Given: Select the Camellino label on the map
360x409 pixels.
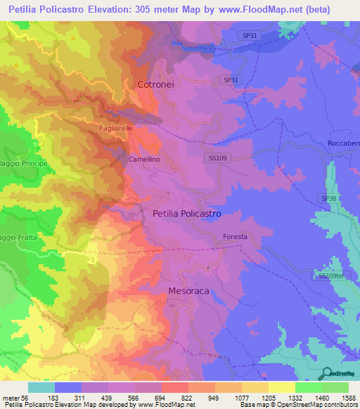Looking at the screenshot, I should (145, 160).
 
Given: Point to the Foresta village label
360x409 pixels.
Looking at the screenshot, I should (235, 237).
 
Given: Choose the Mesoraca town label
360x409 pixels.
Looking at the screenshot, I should (190, 290).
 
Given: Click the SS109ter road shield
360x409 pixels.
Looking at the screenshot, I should (332, 277).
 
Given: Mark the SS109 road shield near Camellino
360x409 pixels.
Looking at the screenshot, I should (218, 160).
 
